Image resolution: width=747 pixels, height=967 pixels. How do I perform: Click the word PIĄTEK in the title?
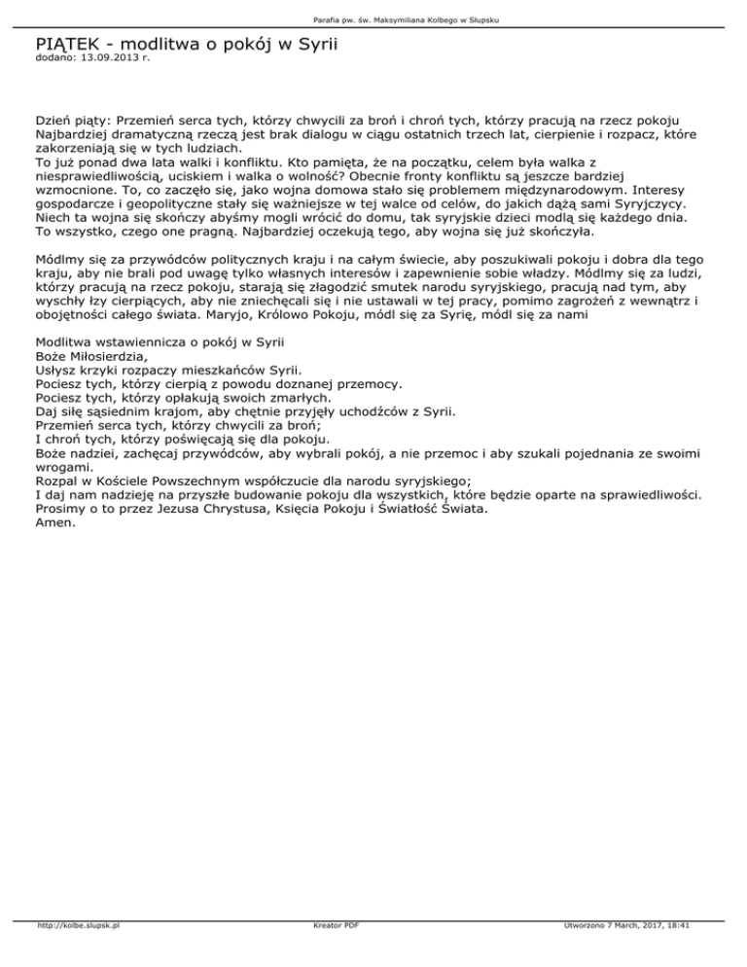pyautogui.click(x=68, y=44)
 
